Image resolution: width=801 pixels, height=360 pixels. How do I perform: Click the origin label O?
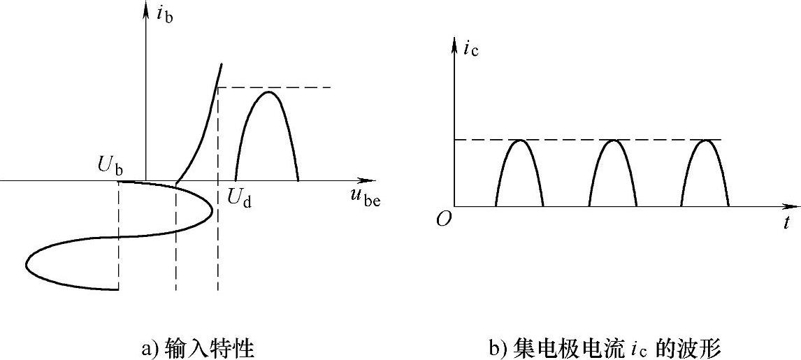coord(443,219)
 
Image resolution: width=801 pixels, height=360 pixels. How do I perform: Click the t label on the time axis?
coord(786,223)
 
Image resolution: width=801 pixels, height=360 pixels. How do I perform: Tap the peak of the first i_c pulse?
coord(520,141)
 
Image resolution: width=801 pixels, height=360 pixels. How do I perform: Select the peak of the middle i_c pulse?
coord(613,141)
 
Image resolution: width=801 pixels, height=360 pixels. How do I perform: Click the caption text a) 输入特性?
coord(198,347)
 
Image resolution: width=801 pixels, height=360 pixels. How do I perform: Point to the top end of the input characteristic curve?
coord(222,64)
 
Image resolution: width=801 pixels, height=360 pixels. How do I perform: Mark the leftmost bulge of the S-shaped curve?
coord(27,264)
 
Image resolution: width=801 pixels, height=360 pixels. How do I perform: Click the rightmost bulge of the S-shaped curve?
coord(212,208)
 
